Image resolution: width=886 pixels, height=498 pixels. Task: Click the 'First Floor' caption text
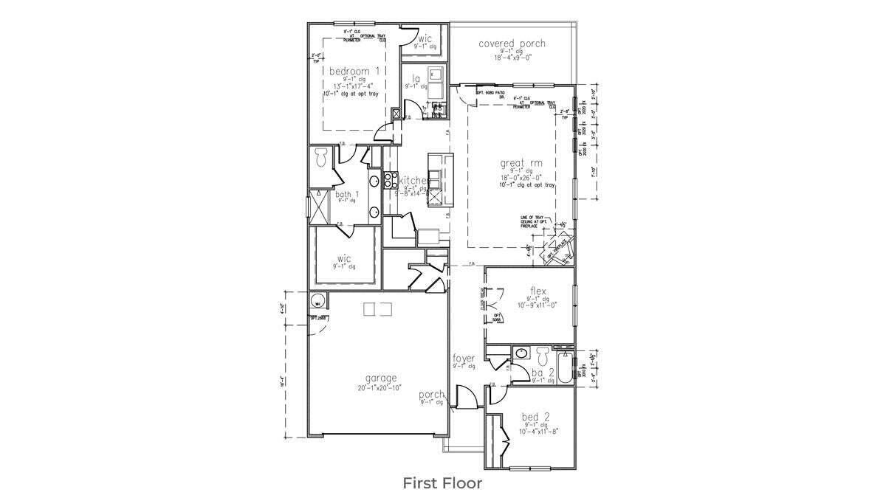click(x=442, y=483)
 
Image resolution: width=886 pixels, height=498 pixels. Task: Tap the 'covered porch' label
click(x=512, y=44)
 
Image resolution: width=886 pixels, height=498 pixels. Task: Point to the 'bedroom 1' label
click(x=354, y=71)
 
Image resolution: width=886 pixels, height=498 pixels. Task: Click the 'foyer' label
click(x=464, y=359)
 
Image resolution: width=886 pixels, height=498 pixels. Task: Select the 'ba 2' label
click(x=543, y=373)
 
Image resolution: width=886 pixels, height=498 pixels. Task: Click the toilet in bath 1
click(x=321, y=157)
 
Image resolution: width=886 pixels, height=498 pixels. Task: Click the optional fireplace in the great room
click(x=557, y=249)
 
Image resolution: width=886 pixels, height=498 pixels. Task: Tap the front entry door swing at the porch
click(x=465, y=398)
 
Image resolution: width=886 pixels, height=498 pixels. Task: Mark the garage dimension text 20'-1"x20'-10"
click(x=379, y=387)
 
